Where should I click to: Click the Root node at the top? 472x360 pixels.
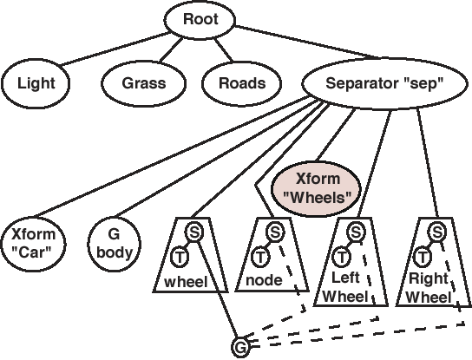coord(200,19)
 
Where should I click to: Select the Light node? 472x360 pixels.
coord(36,83)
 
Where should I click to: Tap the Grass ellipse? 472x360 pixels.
coord(143,83)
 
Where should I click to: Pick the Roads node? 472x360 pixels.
coord(242,83)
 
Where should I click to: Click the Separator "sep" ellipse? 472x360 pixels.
coord(384,82)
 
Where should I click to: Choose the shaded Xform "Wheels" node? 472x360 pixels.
coord(317,189)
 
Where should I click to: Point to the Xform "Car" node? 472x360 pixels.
coord(33,244)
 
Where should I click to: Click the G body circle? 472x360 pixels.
coord(114,243)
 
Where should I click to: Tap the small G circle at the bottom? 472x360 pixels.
coord(240,347)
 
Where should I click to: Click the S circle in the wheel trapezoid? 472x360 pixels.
coord(194,232)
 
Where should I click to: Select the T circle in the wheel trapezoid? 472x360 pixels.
coord(180,257)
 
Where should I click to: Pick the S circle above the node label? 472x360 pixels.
coord(275,232)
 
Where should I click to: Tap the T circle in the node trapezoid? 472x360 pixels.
coord(260,257)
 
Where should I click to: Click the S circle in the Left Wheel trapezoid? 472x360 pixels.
coord(356,232)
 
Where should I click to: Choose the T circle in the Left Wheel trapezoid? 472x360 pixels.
coord(341,257)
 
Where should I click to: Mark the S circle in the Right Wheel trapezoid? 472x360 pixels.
coord(437,232)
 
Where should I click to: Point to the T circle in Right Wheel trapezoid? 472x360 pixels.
coord(423,257)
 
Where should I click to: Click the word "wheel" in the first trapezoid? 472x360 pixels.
coord(186,282)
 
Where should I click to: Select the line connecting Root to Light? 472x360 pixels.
coord(115,49)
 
